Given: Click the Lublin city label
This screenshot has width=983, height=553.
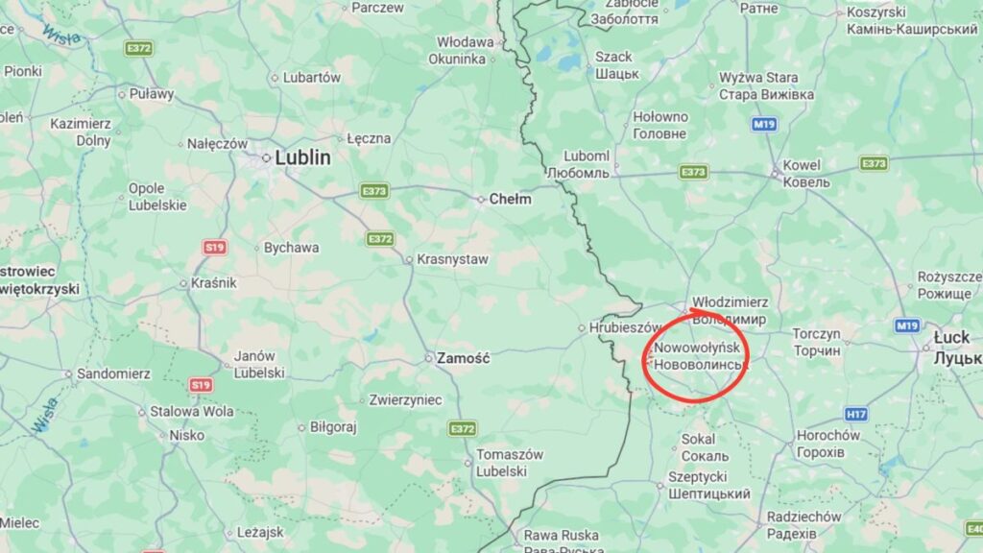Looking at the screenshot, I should pyautogui.click(x=302, y=157).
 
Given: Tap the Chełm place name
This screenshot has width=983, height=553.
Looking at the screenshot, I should pyautogui.click(x=510, y=200).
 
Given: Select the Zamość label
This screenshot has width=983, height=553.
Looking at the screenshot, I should pyautogui.click(x=463, y=358).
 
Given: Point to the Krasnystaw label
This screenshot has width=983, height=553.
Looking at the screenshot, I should pyautogui.click(x=452, y=259).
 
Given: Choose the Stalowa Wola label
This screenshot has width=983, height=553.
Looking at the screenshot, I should pyautogui.click(x=191, y=412).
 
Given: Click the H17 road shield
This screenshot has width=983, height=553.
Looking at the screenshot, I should pyautogui.click(x=856, y=414).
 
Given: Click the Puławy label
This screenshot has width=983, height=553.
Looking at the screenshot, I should pyautogui.click(x=152, y=94).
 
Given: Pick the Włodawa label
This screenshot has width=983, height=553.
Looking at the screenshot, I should pyautogui.click(x=465, y=42).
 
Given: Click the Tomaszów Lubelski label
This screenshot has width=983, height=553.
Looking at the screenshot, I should pyautogui.click(x=510, y=463).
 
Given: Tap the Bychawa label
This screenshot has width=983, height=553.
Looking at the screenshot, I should pyautogui.click(x=292, y=248).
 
